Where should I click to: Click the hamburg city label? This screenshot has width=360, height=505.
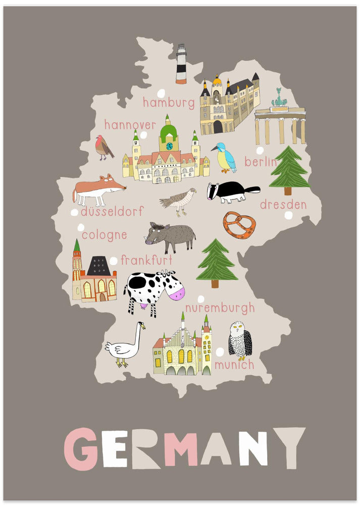click(x=168, y=103)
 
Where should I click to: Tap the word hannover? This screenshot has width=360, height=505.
click(x=130, y=125)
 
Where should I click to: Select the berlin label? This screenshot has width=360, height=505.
click(x=261, y=162)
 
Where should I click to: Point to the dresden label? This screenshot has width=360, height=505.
click(x=283, y=205)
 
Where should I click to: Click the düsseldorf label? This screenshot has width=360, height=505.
click(x=112, y=212)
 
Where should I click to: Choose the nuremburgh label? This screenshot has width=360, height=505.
click(x=220, y=308)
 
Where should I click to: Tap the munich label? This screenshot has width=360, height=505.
click(x=234, y=364)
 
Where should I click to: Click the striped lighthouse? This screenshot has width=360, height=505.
click(x=181, y=64)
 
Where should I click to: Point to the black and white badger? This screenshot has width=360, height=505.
click(x=231, y=192)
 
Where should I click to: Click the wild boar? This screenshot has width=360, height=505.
click(x=171, y=236)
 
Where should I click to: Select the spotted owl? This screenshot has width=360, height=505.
click(x=239, y=340)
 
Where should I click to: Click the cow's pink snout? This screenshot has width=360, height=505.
click(x=176, y=292)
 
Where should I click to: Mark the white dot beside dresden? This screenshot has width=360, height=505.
click(x=288, y=216)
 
